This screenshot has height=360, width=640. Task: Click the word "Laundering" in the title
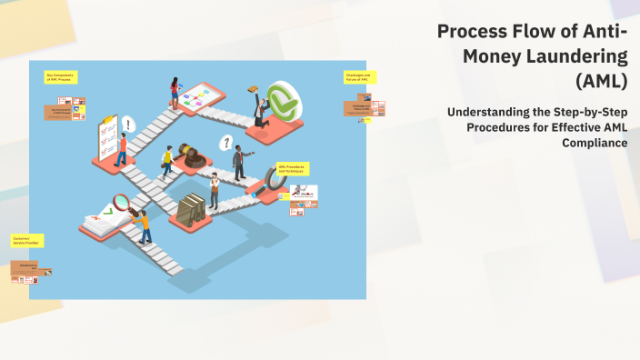click(x=582, y=56)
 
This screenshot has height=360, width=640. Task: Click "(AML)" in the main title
click(x=602, y=81)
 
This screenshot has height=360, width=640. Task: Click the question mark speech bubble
click(x=225, y=143)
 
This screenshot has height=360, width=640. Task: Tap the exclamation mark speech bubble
click(x=128, y=124)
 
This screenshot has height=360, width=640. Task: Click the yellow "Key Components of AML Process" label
click(x=61, y=79)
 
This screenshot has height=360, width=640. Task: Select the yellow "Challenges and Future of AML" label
click(x=356, y=76)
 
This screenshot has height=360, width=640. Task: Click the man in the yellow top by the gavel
click(x=166, y=160)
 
